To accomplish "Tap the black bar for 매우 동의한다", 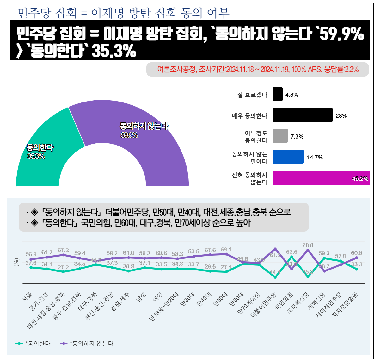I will [302, 115].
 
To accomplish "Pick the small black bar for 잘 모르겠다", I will [277, 94].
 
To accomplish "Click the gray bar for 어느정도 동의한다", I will [280, 136].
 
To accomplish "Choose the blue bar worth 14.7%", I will [288, 157].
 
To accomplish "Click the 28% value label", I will [341, 116].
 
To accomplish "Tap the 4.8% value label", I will [291, 95].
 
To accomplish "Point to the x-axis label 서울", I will [28, 296].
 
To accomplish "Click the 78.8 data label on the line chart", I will [308, 245].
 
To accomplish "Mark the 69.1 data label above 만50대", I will [226, 250].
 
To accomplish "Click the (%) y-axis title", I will [16, 262].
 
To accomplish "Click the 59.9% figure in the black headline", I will [342, 34].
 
